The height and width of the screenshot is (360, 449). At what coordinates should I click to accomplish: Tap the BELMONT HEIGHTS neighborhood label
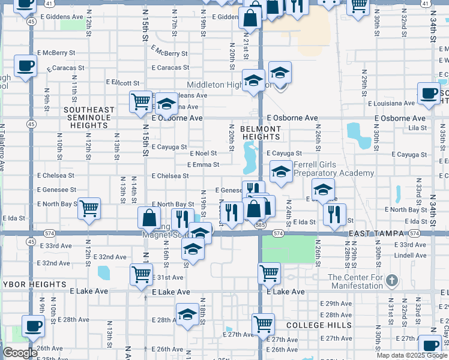coord(261,133)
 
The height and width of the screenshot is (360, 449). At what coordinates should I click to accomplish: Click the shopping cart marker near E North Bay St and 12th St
coord(89,209)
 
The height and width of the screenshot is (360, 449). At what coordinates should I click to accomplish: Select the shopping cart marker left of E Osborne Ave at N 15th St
coord(140,101)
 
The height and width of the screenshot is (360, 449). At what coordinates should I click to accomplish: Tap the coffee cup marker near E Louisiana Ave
coord(429,94)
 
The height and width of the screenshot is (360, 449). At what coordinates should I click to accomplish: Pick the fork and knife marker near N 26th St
coord(334,213)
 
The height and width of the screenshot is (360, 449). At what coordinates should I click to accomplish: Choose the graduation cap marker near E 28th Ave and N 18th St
coord(187,314)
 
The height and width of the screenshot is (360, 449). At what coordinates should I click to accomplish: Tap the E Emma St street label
coord(203,164)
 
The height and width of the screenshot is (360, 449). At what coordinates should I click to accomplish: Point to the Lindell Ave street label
coord(411,255)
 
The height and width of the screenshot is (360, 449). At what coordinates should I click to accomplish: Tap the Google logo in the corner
coord(20,353)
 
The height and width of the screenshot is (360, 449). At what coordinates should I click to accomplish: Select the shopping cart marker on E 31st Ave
coord(140,274)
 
